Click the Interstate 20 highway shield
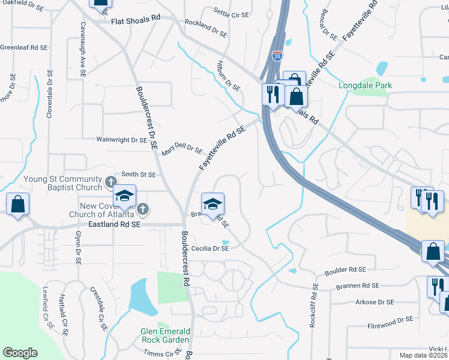(x=277, y=56)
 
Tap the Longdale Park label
(x=366, y=85)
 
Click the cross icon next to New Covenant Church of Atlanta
(x=142, y=209)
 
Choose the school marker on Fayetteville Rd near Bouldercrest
(x=212, y=204)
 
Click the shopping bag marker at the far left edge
(x=18, y=204)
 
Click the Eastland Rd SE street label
(x=113, y=224)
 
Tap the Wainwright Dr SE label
(x=122, y=140)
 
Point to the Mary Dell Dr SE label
(x=182, y=148)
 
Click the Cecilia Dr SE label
(x=210, y=247)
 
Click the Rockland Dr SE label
(x=206, y=28)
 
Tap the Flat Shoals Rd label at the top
(x=136, y=19)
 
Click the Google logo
(x=20, y=353)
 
